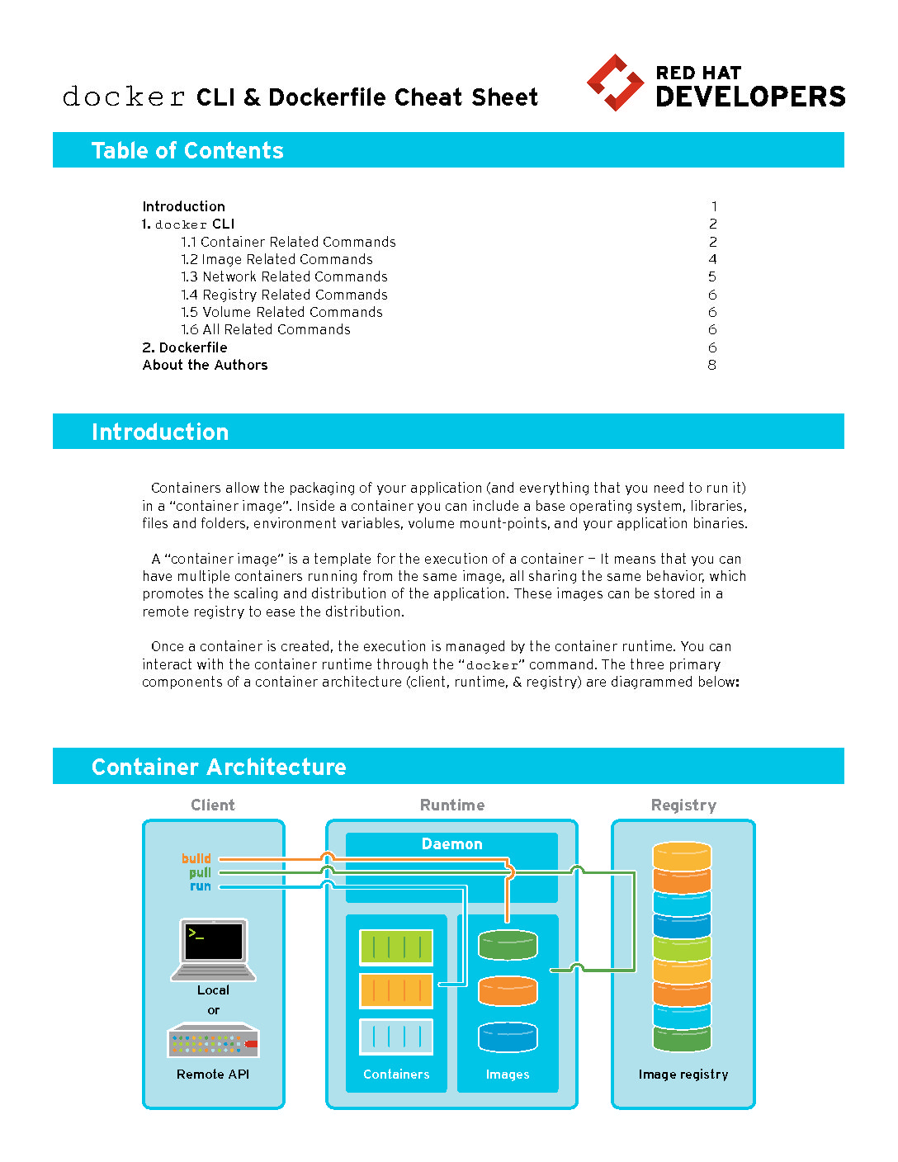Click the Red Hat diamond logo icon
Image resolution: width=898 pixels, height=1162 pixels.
615,83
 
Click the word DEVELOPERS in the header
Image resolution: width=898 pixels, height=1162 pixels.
749,97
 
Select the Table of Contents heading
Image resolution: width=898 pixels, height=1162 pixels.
187,150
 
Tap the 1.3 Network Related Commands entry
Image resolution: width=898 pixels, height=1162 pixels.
284,277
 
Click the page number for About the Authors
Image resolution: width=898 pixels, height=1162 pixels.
712,365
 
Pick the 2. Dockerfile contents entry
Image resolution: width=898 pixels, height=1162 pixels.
184,347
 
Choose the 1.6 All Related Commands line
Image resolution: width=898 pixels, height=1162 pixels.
266,330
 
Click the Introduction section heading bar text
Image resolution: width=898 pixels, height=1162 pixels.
160,432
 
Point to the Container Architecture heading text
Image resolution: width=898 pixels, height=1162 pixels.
219,768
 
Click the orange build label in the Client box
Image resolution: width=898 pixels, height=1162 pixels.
196,858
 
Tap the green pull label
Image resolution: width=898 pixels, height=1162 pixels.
200,872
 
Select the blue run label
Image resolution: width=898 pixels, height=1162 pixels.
201,886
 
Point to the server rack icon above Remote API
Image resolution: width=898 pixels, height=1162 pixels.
213,1041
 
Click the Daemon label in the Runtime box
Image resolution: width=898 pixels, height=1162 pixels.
451,844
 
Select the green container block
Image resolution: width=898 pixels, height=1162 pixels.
396,947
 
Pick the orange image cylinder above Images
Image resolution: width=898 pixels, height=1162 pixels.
508,991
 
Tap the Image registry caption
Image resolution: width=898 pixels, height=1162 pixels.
683,1075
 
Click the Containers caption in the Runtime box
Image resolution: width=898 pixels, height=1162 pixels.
396,1075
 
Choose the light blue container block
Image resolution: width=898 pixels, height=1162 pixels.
396,1037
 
